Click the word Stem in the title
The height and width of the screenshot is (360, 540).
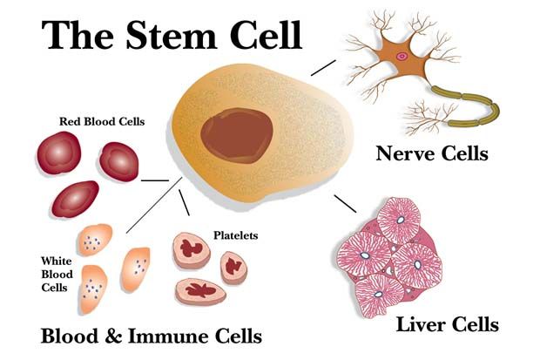click(172, 35)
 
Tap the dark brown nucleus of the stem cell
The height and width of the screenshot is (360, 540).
click(237, 135)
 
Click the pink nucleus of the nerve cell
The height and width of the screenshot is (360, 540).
click(401, 56)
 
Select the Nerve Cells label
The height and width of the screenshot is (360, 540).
click(432, 153)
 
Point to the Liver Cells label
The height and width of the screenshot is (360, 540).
click(448, 324)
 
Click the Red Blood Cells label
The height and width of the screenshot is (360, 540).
click(102, 121)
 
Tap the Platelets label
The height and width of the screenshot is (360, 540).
click(235, 235)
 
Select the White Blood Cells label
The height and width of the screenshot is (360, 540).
click(57, 274)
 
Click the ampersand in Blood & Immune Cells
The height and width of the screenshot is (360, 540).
click(113, 336)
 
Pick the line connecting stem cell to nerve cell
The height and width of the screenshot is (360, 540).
click(323, 68)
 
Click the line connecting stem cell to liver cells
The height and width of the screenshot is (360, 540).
click(345, 204)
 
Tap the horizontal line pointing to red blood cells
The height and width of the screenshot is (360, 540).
click(155, 180)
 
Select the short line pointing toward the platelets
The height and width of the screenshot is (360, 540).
click(184, 202)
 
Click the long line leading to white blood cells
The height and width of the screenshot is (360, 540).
click(154, 205)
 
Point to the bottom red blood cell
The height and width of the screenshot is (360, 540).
click(76, 199)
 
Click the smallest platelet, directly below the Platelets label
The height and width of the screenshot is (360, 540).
click(233, 268)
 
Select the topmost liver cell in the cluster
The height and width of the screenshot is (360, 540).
click(399, 220)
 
